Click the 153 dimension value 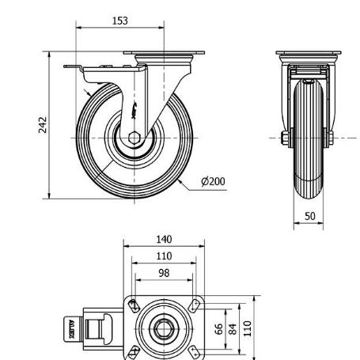[120, 21]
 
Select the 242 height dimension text [43, 125]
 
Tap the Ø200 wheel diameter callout [213, 182]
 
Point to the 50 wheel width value [310, 216]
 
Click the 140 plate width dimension [164, 240]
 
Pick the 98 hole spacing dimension [164, 273]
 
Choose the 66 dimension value [218, 329]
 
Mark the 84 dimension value [233, 329]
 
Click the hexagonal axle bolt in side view [134, 138]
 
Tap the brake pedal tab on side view [73, 66]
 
